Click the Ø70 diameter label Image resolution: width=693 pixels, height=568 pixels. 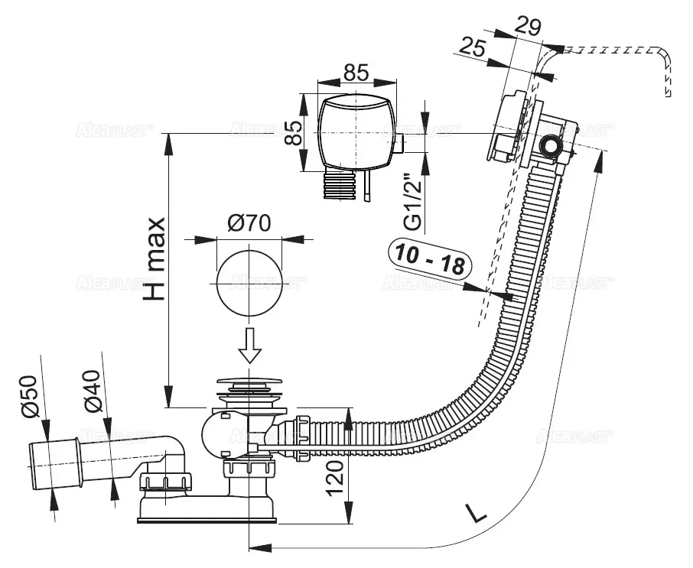(248, 224)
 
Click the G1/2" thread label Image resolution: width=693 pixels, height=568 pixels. (412, 203)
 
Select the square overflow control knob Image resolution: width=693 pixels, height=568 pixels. (356, 132)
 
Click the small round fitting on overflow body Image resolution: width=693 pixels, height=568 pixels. (551, 148)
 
